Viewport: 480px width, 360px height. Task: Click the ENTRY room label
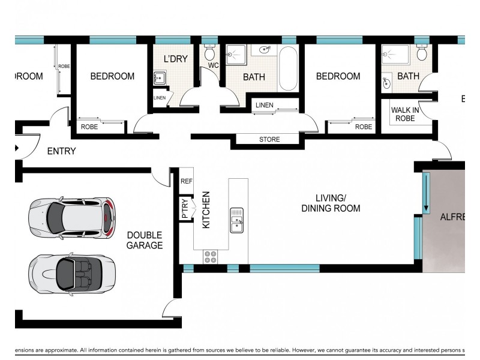click(x=61, y=151)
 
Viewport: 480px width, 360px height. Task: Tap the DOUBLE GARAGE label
click(x=144, y=240)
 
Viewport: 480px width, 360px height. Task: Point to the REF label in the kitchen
click(x=187, y=181)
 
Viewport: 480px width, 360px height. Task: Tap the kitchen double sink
click(x=236, y=220)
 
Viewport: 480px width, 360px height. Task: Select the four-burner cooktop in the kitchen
click(x=211, y=257)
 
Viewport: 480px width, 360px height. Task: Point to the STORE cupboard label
click(x=269, y=140)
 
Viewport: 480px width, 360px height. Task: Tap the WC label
click(x=213, y=65)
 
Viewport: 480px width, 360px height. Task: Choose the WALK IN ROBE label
click(x=405, y=114)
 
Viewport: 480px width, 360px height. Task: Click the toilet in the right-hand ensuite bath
click(x=422, y=53)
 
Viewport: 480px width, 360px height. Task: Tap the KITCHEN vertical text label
click(x=206, y=209)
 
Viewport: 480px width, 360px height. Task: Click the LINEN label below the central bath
click(x=264, y=106)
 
